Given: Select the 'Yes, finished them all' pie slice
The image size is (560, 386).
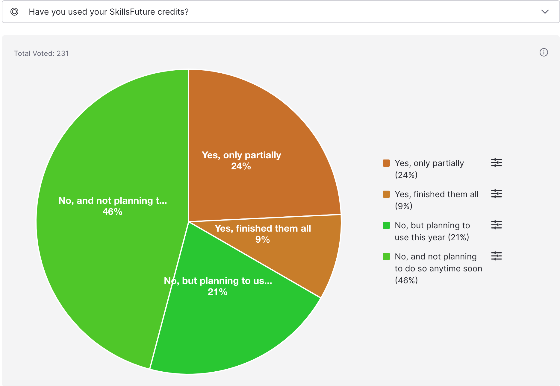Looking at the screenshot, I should click(x=311, y=254).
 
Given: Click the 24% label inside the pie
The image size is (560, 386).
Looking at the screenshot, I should click(x=241, y=166).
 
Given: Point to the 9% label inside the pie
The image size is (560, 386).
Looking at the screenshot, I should click(x=263, y=239).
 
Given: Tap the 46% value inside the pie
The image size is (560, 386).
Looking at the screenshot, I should click(x=112, y=212).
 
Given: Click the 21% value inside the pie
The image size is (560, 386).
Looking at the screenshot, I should click(x=218, y=292).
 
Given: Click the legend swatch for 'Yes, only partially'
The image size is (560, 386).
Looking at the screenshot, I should click(x=386, y=163).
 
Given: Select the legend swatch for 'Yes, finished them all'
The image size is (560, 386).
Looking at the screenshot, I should click(x=386, y=194).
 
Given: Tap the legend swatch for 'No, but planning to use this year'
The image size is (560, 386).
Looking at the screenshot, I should click(x=386, y=225).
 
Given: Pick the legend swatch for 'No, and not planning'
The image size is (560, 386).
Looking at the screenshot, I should click(x=386, y=256).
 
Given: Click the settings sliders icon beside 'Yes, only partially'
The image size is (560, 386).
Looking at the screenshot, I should click(x=496, y=163).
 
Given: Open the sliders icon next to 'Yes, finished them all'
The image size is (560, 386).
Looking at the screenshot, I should click(x=496, y=194).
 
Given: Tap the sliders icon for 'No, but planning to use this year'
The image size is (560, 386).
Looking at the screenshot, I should click(x=496, y=225).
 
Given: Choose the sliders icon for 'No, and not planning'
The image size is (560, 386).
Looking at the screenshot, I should click(x=496, y=256).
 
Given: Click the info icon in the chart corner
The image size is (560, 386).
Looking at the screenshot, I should click(x=544, y=52).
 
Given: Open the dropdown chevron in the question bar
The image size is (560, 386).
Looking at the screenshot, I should click(x=545, y=12).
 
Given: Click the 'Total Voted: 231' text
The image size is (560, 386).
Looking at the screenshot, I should click(x=41, y=54).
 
